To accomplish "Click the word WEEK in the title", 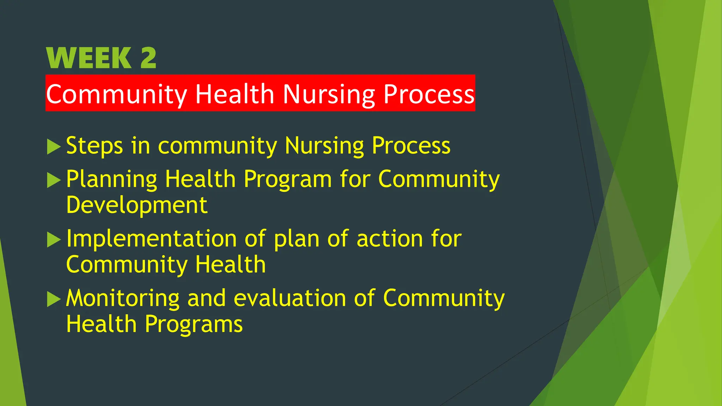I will pos(89,58).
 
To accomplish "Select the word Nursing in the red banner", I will pos(329,94).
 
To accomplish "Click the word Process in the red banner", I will pos(429,94).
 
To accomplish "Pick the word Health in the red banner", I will pos(234,94).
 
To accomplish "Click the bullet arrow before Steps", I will pos(54,147).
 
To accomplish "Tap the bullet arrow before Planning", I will pos(54,180).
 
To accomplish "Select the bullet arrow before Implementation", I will pos(54,240).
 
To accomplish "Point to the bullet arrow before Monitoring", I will pos(54,299).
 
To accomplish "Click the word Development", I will pos(137,205).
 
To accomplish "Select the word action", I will pos(389,239).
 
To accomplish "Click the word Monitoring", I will pos(123,299).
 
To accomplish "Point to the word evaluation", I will pos(290,299).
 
